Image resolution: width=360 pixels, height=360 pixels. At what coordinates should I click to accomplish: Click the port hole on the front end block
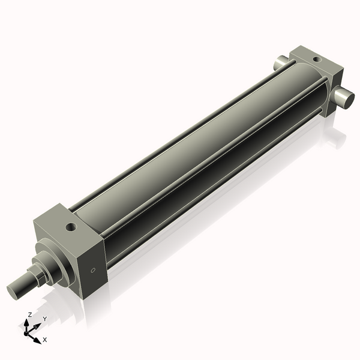click(x=72, y=227)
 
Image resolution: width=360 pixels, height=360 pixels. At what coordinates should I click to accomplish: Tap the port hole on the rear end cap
click(x=316, y=59)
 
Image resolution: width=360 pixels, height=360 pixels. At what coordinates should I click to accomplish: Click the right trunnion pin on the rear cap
click(x=344, y=98)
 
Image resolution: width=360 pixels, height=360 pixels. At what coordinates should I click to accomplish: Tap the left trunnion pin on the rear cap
click(x=282, y=62)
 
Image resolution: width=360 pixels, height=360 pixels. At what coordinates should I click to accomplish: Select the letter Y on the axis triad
click(x=44, y=319)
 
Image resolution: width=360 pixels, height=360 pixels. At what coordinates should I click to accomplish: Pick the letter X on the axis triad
click(x=44, y=340)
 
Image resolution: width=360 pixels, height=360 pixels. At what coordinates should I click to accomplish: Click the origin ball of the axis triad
click(x=28, y=332)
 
